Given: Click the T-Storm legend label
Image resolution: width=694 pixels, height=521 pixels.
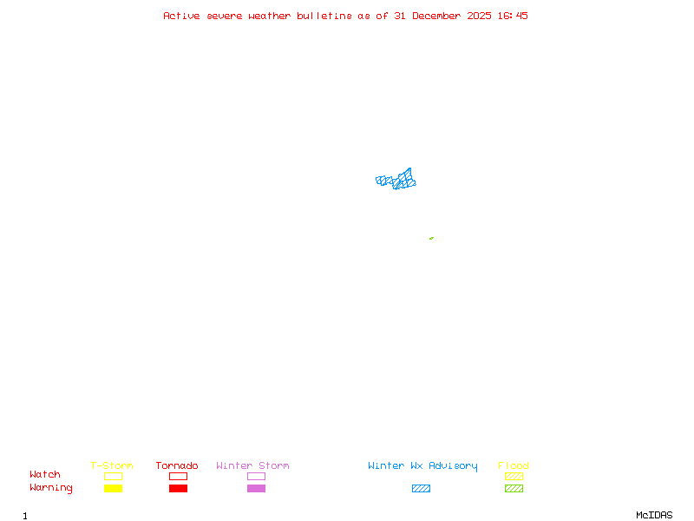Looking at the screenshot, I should coord(112,466).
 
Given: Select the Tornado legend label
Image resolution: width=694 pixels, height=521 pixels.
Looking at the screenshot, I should coord(177,466).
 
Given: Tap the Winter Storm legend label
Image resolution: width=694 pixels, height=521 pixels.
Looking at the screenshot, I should coord(252,466).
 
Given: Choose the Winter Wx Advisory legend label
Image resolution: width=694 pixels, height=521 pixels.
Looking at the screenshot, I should coord(422,466).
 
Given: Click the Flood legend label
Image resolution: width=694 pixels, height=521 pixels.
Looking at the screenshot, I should coord(514,466).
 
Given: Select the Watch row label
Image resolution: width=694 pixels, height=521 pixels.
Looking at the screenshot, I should coord(45,475).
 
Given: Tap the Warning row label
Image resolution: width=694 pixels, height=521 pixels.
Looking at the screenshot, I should coord(51,488).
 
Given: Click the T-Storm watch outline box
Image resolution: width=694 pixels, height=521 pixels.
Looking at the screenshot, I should coord(113,476).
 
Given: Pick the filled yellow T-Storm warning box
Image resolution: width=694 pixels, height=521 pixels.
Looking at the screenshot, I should coord(113,488).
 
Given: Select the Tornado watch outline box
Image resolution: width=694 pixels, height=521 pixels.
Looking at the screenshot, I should coord(178,476).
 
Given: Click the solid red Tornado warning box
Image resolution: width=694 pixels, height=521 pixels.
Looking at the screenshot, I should coord(178,488).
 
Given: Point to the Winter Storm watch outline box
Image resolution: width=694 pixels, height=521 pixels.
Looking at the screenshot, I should coord(256,476).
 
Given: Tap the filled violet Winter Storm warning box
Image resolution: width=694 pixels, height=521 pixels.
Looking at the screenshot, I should coord(256,488).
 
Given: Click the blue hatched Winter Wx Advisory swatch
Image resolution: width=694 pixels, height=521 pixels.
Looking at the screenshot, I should coord(421,488).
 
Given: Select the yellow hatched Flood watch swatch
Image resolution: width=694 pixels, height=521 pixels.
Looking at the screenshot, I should coord(514,476).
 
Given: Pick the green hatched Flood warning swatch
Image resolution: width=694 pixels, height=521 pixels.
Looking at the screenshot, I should coord(514,488).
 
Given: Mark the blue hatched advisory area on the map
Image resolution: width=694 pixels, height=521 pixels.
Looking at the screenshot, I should coord(396,181).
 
